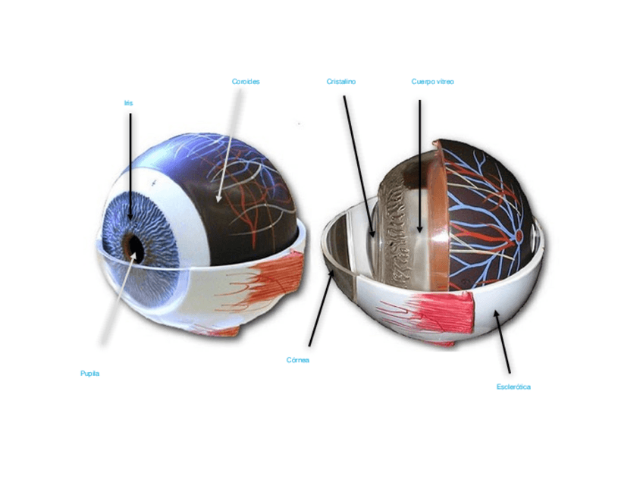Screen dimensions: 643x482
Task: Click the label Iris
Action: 128,102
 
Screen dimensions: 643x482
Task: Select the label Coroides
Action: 246,81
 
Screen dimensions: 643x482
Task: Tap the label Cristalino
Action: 341,81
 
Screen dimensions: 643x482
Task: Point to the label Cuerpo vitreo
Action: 432,81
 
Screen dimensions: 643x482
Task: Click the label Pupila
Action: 90,373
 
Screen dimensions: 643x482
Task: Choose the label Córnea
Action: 298,360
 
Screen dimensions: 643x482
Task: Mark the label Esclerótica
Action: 513,387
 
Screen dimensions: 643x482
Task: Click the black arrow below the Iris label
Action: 130,163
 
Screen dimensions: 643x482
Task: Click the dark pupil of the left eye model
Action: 134,245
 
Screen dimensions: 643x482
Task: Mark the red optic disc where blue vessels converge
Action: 519,236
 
